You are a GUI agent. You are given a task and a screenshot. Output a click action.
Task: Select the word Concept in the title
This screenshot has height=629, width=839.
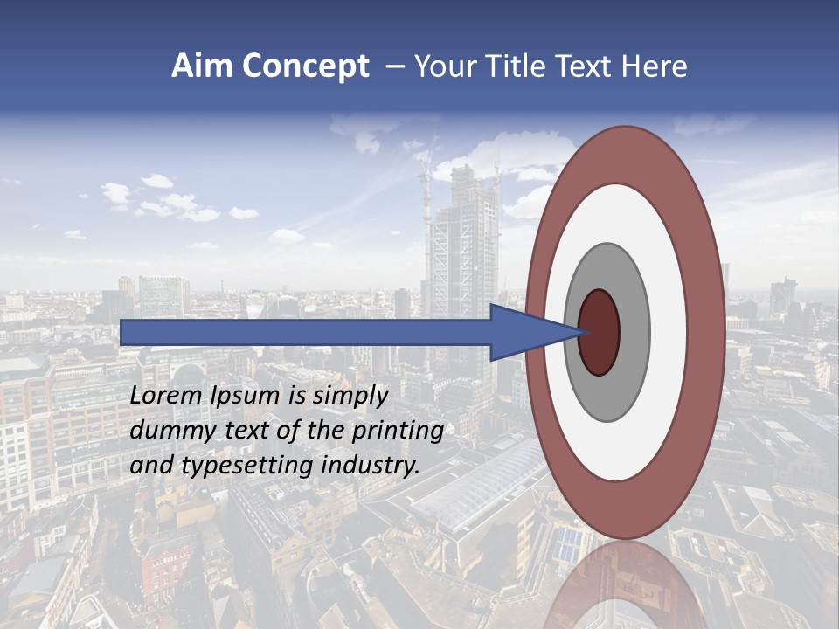pyautogui.click(x=305, y=66)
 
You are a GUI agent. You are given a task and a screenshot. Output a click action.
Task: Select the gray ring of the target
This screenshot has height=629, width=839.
pyautogui.click(x=633, y=332)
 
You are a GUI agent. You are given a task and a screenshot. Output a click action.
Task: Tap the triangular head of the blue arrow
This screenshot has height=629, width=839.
pyautogui.click(x=529, y=332)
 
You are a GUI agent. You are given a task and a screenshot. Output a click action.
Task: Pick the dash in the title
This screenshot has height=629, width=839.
pyautogui.click(x=395, y=66)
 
